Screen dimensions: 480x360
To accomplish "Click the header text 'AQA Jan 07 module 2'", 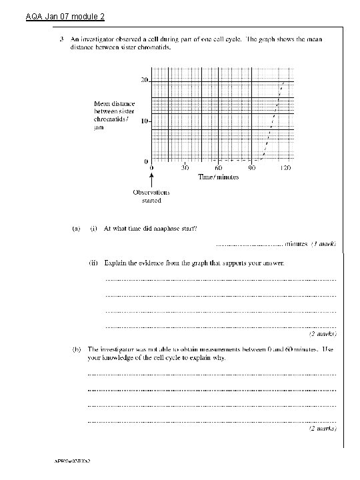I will click(56, 15).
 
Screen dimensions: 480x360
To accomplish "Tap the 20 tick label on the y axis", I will click(144, 81).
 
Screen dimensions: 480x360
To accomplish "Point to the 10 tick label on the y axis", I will click(144, 122).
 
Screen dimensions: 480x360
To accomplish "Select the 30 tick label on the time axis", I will click(185, 169).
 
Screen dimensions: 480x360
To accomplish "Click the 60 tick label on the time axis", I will click(218, 169).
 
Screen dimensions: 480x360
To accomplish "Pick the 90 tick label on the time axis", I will click(252, 169).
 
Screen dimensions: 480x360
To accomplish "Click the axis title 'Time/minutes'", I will click(218, 178).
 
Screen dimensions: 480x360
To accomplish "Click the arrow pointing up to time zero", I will click(152, 179).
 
